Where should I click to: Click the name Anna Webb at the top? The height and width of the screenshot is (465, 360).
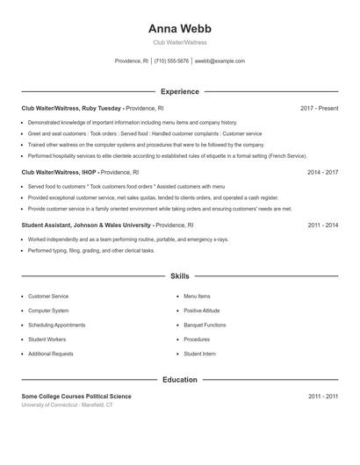[179, 28]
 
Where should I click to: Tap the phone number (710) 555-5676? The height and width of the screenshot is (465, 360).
[171, 61]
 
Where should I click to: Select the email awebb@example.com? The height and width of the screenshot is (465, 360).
[220, 61]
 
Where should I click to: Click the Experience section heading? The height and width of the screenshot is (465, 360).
[179, 91]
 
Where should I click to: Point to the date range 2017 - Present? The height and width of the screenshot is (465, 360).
[319, 108]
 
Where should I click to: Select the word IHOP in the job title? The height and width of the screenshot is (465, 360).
[89, 173]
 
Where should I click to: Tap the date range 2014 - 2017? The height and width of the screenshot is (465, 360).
[322, 173]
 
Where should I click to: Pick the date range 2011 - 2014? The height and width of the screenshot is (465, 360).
[322, 225]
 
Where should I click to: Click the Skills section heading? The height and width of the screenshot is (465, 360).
[179, 276]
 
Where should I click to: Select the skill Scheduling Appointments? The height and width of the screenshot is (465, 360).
[56, 325]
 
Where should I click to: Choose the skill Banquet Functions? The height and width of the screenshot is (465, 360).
[205, 325]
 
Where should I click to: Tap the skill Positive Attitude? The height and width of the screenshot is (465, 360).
[202, 311]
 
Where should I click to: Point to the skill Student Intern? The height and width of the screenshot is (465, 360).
[199, 354]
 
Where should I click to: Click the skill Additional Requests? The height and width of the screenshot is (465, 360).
[51, 354]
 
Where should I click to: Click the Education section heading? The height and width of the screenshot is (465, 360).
[179, 380]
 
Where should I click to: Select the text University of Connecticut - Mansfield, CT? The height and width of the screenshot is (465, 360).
[67, 404]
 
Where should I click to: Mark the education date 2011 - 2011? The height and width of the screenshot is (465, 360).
[322, 397]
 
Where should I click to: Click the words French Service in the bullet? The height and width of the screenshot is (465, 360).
[284, 155]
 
